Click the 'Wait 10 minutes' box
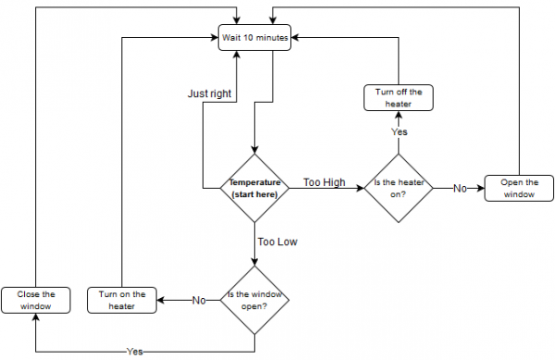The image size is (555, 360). point(255,38)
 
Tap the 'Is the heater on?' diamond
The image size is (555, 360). point(401,188)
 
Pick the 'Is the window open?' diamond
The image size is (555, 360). point(254,300)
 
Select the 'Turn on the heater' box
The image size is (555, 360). point(123,300)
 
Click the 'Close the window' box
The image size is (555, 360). point(35,300)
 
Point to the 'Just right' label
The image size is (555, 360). point(209,93)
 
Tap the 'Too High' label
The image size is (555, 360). point(324,182)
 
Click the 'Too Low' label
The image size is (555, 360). point(277,242)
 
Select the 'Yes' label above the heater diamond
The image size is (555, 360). point(400,132)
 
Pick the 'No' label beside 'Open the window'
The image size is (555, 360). point(460,188)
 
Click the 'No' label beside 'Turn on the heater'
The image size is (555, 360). point(197,300)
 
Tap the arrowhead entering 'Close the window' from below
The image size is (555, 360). point(35,317)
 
